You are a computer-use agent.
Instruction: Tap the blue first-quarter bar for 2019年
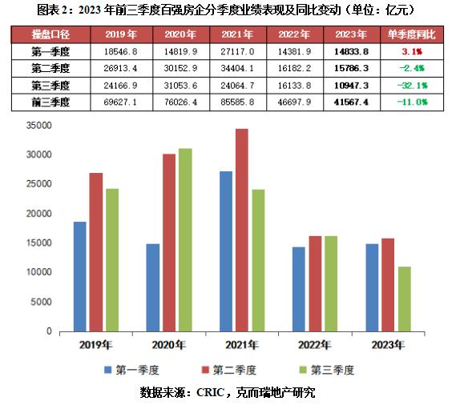[80, 276]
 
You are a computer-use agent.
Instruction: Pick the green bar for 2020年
[186, 239]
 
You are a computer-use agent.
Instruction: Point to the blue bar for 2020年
[153, 287]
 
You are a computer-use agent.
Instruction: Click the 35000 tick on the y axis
[39, 126]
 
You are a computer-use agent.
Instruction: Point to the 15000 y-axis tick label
[39, 243]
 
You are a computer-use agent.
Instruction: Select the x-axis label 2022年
[314, 346]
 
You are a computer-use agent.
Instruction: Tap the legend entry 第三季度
[329, 370]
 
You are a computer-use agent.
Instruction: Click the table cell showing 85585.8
[247, 102]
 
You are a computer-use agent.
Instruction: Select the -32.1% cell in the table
[413, 86]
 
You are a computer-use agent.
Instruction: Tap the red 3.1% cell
[413, 52]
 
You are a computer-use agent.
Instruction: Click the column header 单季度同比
[413, 35]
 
